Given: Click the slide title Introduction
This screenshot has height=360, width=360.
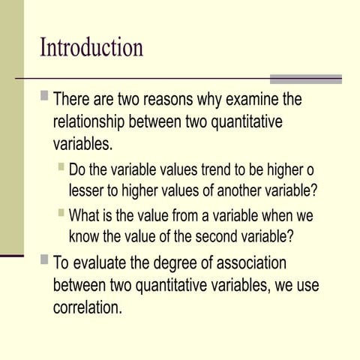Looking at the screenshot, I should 91,48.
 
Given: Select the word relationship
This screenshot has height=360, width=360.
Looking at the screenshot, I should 91,121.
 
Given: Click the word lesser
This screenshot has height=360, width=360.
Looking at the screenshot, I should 87,190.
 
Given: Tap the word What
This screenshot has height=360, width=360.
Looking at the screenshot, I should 84,217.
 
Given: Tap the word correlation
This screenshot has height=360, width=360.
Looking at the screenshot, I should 87,307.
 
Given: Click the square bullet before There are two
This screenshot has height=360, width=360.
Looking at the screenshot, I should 45,97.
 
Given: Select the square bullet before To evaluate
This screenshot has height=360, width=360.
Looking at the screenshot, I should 45,262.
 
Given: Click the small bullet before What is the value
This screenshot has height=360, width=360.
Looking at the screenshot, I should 61,214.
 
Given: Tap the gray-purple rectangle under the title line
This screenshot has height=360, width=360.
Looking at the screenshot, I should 305,79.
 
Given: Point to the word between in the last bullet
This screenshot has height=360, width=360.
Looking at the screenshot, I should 80,286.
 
